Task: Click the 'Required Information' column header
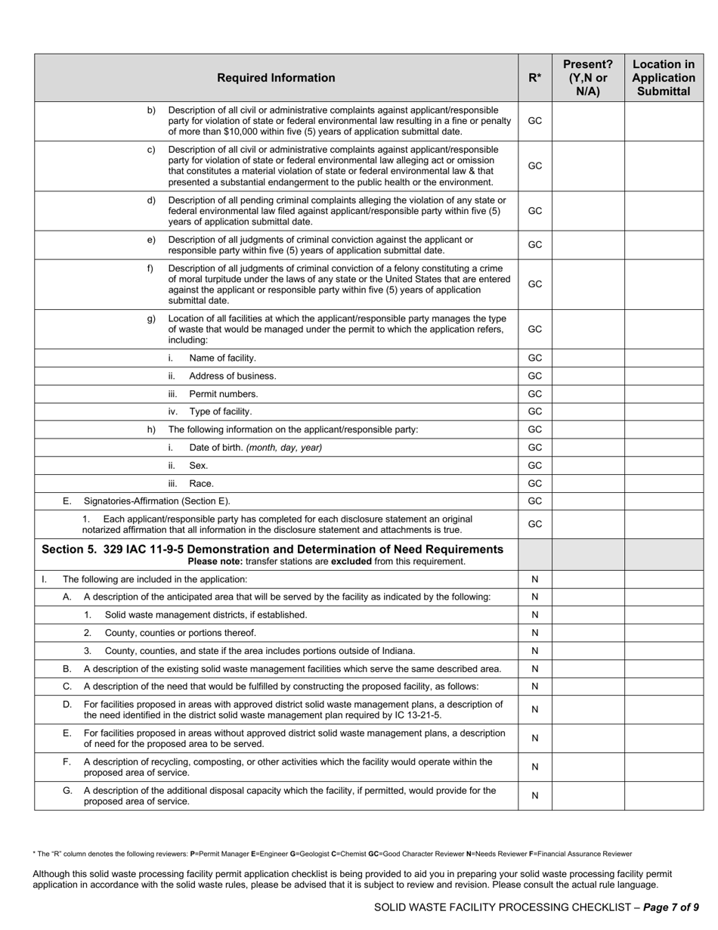(x=276, y=78)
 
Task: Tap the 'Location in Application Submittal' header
(x=663, y=78)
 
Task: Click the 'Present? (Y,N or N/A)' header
(x=588, y=78)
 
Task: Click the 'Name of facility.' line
(x=222, y=358)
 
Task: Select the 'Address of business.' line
(x=232, y=376)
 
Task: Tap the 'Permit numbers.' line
(x=223, y=394)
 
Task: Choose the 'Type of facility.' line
(x=220, y=411)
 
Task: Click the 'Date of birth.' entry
(x=216, y=448)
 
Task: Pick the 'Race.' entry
(x=201, y=483)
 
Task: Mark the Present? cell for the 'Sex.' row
(x=588, y=466)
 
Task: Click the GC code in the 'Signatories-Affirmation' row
(x=534, y=501)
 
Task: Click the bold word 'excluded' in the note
(x=351, y=562)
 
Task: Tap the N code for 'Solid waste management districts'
(x=534, y=615)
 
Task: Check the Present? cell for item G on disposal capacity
(x=588, y=795)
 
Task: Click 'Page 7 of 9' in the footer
(x=670, y=907)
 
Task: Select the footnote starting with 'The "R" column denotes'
(x=333, y=854)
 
